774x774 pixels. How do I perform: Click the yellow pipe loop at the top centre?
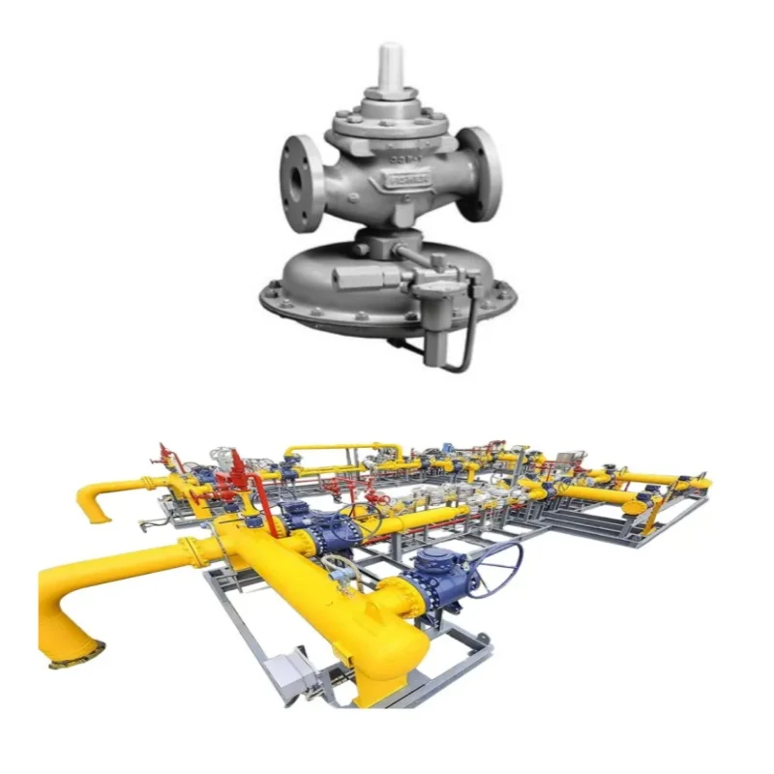click(343, 451)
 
